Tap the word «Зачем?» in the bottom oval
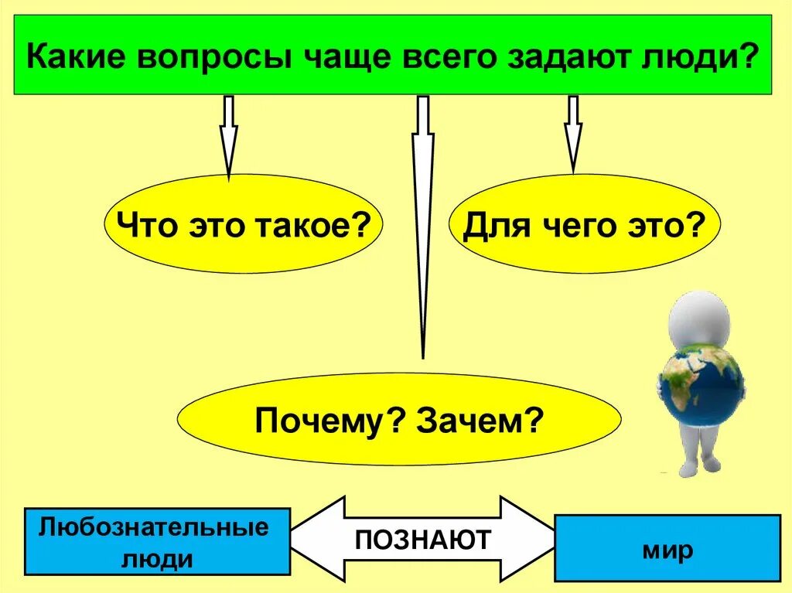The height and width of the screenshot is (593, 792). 478,421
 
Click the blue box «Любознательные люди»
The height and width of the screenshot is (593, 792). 157,541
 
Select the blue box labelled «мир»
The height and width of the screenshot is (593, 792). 667,548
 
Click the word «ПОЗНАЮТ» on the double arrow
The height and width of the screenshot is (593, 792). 422,540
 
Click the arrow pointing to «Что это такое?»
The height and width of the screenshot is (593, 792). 228,135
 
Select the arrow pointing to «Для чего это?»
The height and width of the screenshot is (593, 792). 572,133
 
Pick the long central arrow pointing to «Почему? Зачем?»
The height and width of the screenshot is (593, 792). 422,224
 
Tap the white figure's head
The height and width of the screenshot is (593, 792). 701,317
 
